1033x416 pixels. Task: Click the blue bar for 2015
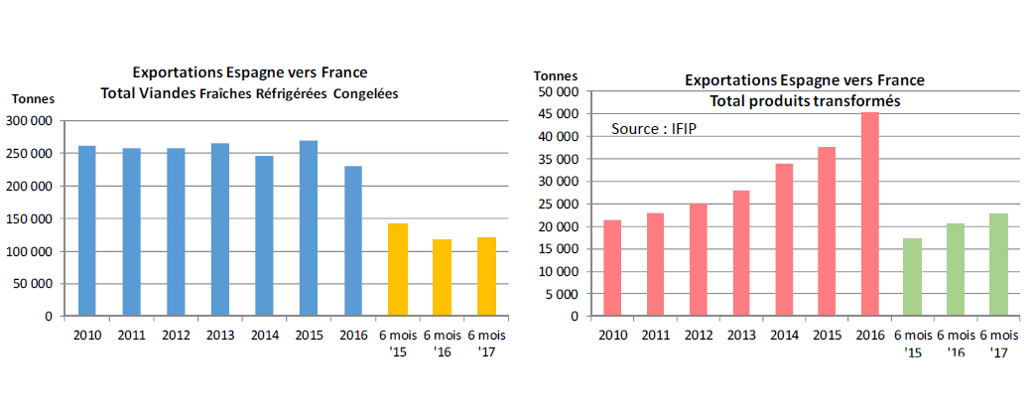(309, 228)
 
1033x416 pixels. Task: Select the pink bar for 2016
(869, 214)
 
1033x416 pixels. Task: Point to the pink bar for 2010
(612, 268)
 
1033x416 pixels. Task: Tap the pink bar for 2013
(740, 253)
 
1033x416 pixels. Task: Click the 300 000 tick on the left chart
(30, 121)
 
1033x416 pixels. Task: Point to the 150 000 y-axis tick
(30, 218)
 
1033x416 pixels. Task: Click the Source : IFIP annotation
(654, 129)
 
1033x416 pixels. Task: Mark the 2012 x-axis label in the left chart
(176, 334)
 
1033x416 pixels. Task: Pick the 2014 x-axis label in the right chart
(783, 334)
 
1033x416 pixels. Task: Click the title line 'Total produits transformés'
(805, 101)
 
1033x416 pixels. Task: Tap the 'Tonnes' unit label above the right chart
(555, 75)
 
